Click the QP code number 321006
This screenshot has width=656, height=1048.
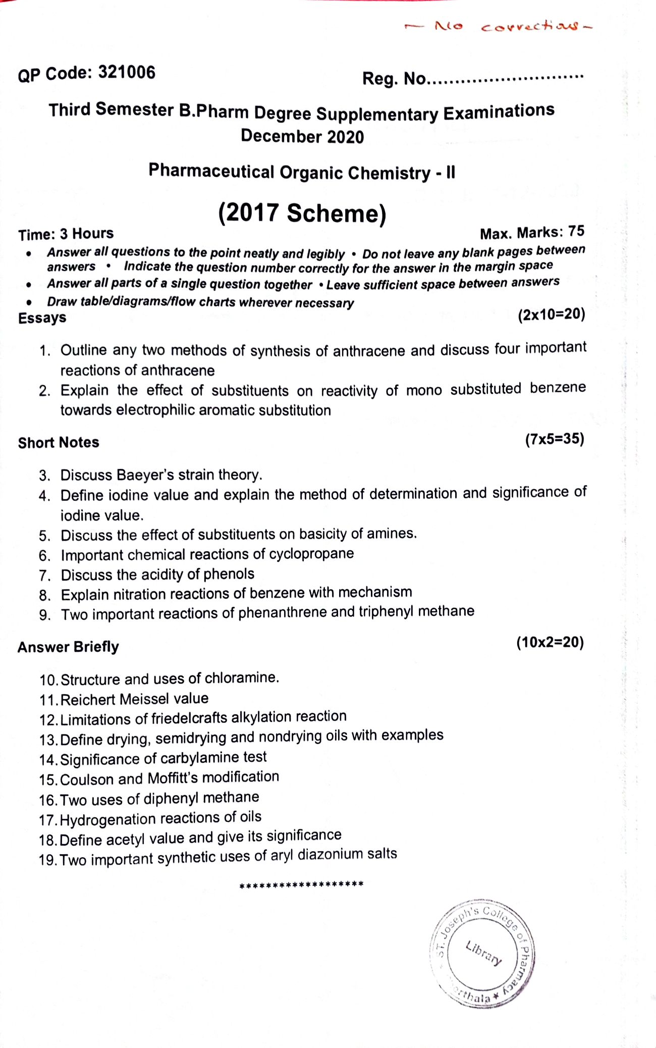pyautogui.click(x=127, y=73)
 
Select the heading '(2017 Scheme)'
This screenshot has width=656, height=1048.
pyautogui.click(x=302, y=213)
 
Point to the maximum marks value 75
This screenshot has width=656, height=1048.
pyautogui.click(x=576, y=231)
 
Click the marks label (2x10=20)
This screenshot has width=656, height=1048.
pyautogui.click(x=551, y=315)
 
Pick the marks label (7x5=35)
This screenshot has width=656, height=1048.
pyautogui.click(x=554, y=439)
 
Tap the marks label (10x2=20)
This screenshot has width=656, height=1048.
pyautogui.click(x=550, y=642)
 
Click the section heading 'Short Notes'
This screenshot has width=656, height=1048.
pyautogui.click(x=59, y=442)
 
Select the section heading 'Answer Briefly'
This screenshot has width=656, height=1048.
pyautogui.click(x=68, y=647)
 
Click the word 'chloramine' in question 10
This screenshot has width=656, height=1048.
pyautogui.click(x=241, y=677)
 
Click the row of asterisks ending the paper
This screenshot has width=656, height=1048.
pyautogui.click(x=301, y=885)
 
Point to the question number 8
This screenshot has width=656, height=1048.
pyautogui.click(x=45, y=595)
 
